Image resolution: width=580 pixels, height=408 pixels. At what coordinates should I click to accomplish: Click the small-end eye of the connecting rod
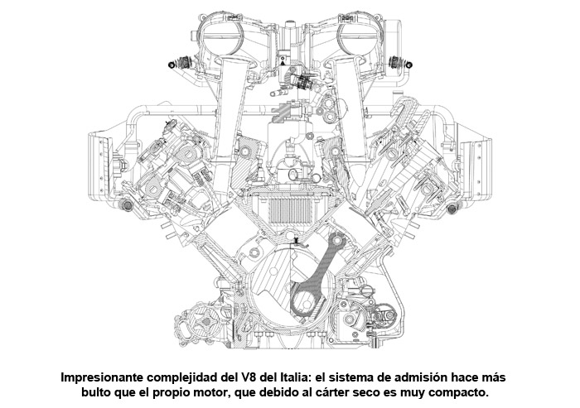click(338, 240)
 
